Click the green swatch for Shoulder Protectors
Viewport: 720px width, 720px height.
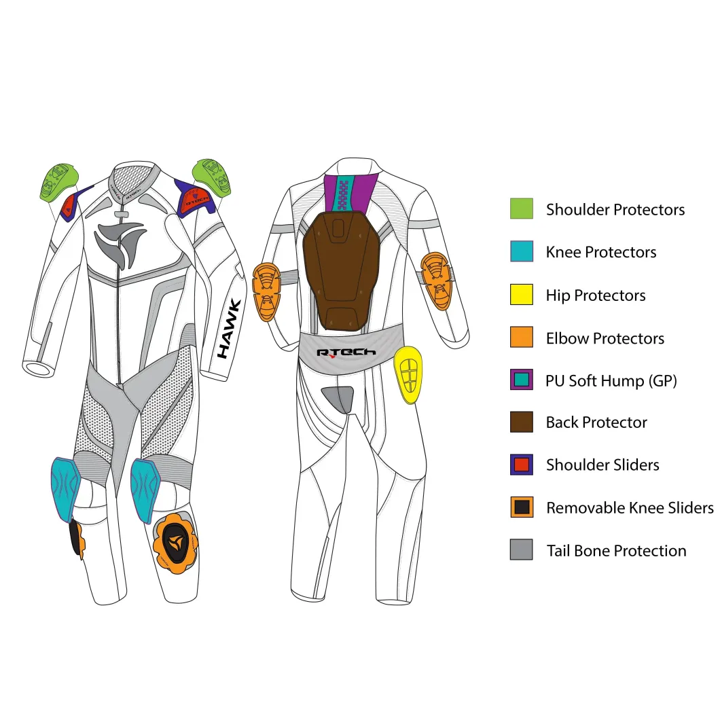coord(522,209)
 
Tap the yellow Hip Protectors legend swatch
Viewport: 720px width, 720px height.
coord(522,294)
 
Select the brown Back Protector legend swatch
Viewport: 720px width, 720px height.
coord(522,422)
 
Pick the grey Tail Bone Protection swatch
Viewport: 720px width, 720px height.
coord(522,550)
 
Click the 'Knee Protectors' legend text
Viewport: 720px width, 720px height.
coord(601,252)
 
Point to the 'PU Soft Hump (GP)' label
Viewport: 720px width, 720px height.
coord(611,380)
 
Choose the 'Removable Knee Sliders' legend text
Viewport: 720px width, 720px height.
coord(630,507)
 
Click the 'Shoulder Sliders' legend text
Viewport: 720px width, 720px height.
coord(602,465)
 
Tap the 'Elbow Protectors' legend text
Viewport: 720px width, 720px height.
coord(605,338)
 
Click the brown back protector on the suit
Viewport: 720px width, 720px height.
coord(341,271)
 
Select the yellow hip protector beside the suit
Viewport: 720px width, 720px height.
coord(408,375)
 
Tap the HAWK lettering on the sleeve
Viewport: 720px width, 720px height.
coord(229,329)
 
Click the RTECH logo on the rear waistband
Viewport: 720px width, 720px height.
coord(346,353)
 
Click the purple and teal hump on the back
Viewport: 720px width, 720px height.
coord(350,193)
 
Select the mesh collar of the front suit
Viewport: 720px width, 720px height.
coord(132,181)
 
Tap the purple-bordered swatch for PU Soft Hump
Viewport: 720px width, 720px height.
coord(522,380)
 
